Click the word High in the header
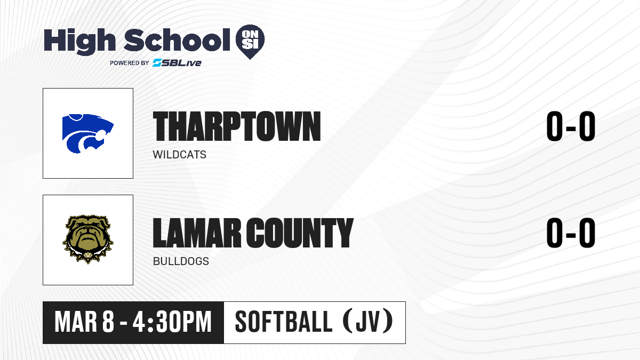(x=79, y=42)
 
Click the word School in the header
(x=177, y=39)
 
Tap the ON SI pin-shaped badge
(x=250, y=42)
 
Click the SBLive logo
(x=177, y=63)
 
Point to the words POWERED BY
(x=130, y=63)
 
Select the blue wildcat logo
(x=87, y=133)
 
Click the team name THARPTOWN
(x=237, y=126)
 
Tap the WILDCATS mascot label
(x=179, y=155)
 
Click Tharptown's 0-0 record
(x=571, y=126)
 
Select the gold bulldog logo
(x=87, y=239)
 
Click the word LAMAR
(x=197, y=233)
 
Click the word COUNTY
(x=300, y=233)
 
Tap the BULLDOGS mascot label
(x=181, y=261)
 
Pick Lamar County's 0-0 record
(x=571, y=233)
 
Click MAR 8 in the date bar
(x=84, y=322)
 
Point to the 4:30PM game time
(x=172, y=322)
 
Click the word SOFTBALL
(x=283, y=322)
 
